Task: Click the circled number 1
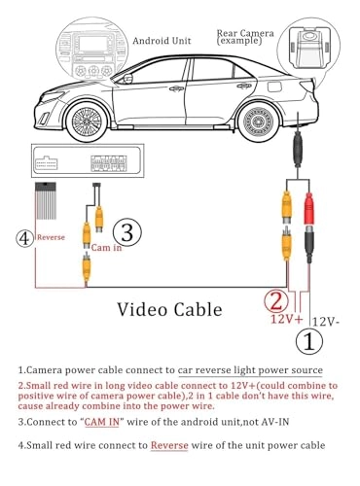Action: coord(309,341)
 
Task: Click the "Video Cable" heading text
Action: coord(169,309)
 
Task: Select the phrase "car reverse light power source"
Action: coord(250,371)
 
